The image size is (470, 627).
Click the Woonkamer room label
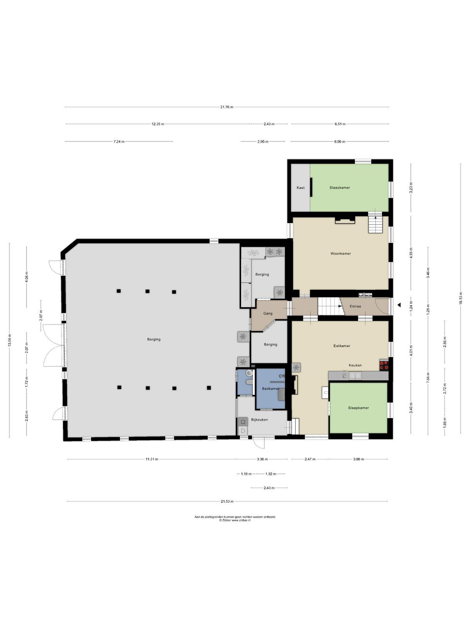click(x=340, y=254)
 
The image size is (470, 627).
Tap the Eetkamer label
click(x=342, y=346)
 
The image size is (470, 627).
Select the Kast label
click(x=300, y=188)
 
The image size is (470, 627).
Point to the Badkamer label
click(x=271, y=388)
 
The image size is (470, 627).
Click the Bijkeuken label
click(x=259, y=420)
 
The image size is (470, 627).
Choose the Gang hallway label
click(x=268, y=313)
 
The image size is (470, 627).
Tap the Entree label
click(x=355, y=306)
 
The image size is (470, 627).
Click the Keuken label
click(x=355, y=365)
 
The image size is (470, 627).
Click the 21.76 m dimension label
click(x=227, y=107)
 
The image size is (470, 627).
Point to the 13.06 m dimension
click(x=9, y=340)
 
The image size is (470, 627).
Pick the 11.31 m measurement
click(x=152, y=459)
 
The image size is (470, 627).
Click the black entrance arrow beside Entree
click(x=399, y=305)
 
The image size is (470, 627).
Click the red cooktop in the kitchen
click(x=384, y=365)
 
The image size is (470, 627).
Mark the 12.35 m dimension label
click(x=158, y=124)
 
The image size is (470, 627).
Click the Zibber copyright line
click(x=235, y=520)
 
